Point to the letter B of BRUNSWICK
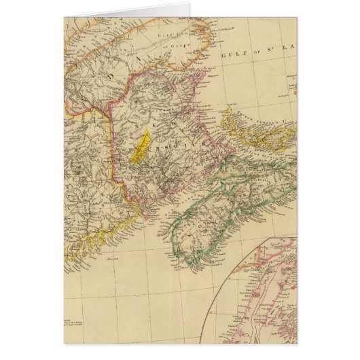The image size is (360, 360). tap(127, 155)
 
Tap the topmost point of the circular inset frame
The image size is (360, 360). tap(292, 237)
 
